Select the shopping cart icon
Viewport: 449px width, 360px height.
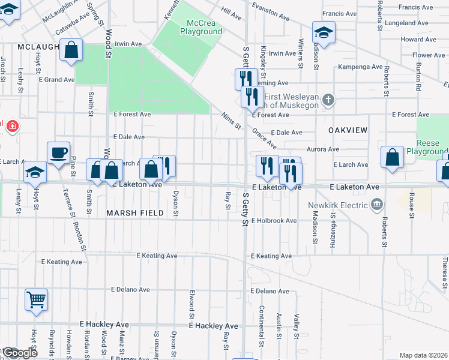36,299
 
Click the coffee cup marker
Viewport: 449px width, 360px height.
58,154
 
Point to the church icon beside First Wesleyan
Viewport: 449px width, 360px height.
327,100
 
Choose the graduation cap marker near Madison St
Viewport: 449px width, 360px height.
323,34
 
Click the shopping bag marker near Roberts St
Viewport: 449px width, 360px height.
391,158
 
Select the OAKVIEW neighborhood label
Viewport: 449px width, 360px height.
347,130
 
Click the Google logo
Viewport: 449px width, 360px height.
19,353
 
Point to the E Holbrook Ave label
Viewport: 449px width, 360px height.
274,221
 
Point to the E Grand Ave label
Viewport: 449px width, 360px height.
57,80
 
